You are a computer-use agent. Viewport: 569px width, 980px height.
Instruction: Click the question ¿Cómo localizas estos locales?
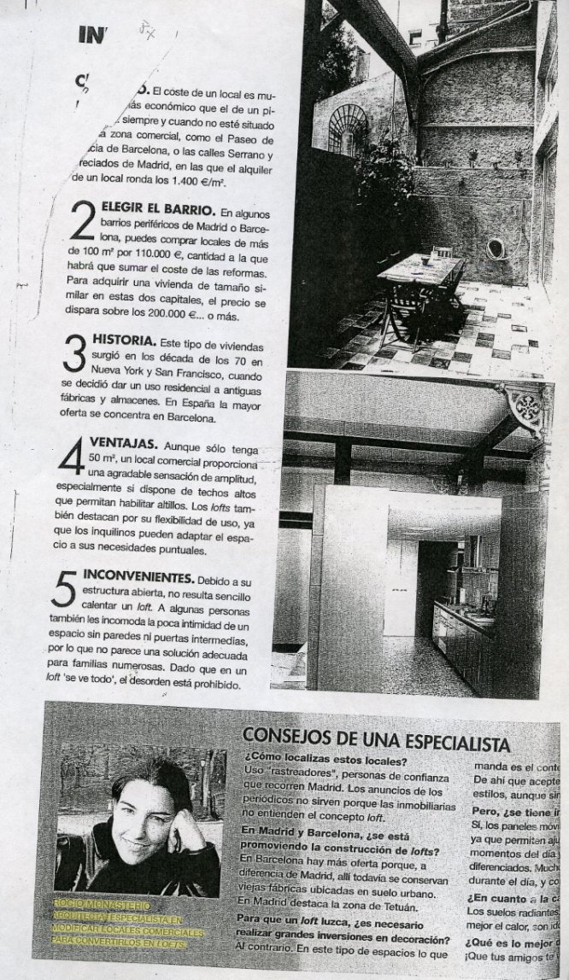[324, 758]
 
